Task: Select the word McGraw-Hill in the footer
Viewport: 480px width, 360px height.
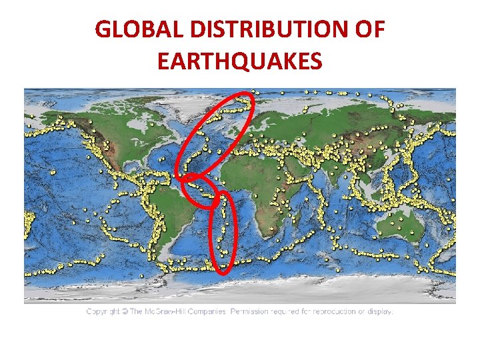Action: coord(162,311)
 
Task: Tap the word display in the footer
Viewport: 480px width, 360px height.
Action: coord(380,311)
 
